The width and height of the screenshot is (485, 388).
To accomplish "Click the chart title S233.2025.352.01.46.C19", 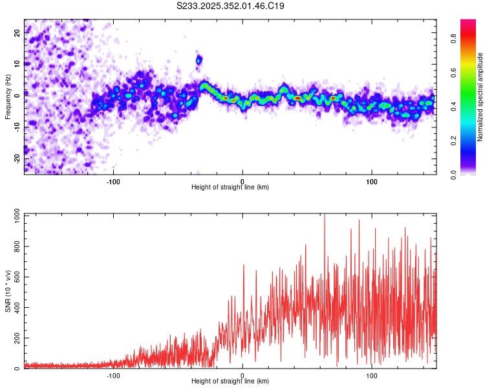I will tap(230, 6).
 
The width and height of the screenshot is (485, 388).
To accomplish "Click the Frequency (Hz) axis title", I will tap(8, 96).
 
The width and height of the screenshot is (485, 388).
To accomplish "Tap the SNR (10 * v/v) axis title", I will tap(8, 290).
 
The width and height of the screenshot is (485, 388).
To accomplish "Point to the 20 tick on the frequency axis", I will tap(17, 34).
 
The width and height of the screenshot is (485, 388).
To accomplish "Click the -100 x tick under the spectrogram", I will tap(114, 180).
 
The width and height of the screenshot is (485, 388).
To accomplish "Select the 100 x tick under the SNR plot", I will tap(372, 374).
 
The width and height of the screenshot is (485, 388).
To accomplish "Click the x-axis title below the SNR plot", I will tap(230, 382).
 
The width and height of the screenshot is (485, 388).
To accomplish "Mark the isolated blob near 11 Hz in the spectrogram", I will tap(199, 60).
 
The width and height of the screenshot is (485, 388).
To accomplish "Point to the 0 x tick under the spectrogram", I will tap(242, 180).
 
